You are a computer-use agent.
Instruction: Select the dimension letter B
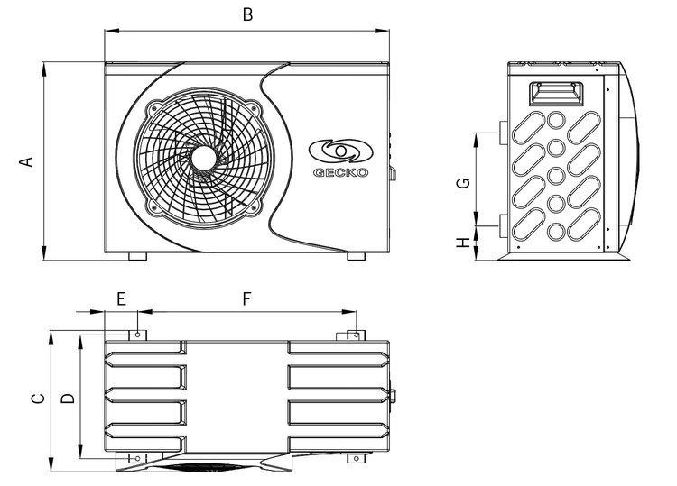[x=247, y=14]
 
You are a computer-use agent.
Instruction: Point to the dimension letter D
[x=67, y=398]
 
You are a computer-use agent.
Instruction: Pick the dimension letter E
[x=121, y=298]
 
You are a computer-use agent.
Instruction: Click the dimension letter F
[x=246, y=298]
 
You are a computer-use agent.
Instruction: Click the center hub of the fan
[x=203, y=156]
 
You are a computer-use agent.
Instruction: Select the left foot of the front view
[x=138, y=257]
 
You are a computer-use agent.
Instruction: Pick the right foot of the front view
[x=357, y=257]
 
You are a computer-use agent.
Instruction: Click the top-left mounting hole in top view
[x=138, y=335]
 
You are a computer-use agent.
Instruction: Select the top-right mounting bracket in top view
[x=353, y=335]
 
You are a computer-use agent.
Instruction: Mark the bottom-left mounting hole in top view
[x=137, y=459]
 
